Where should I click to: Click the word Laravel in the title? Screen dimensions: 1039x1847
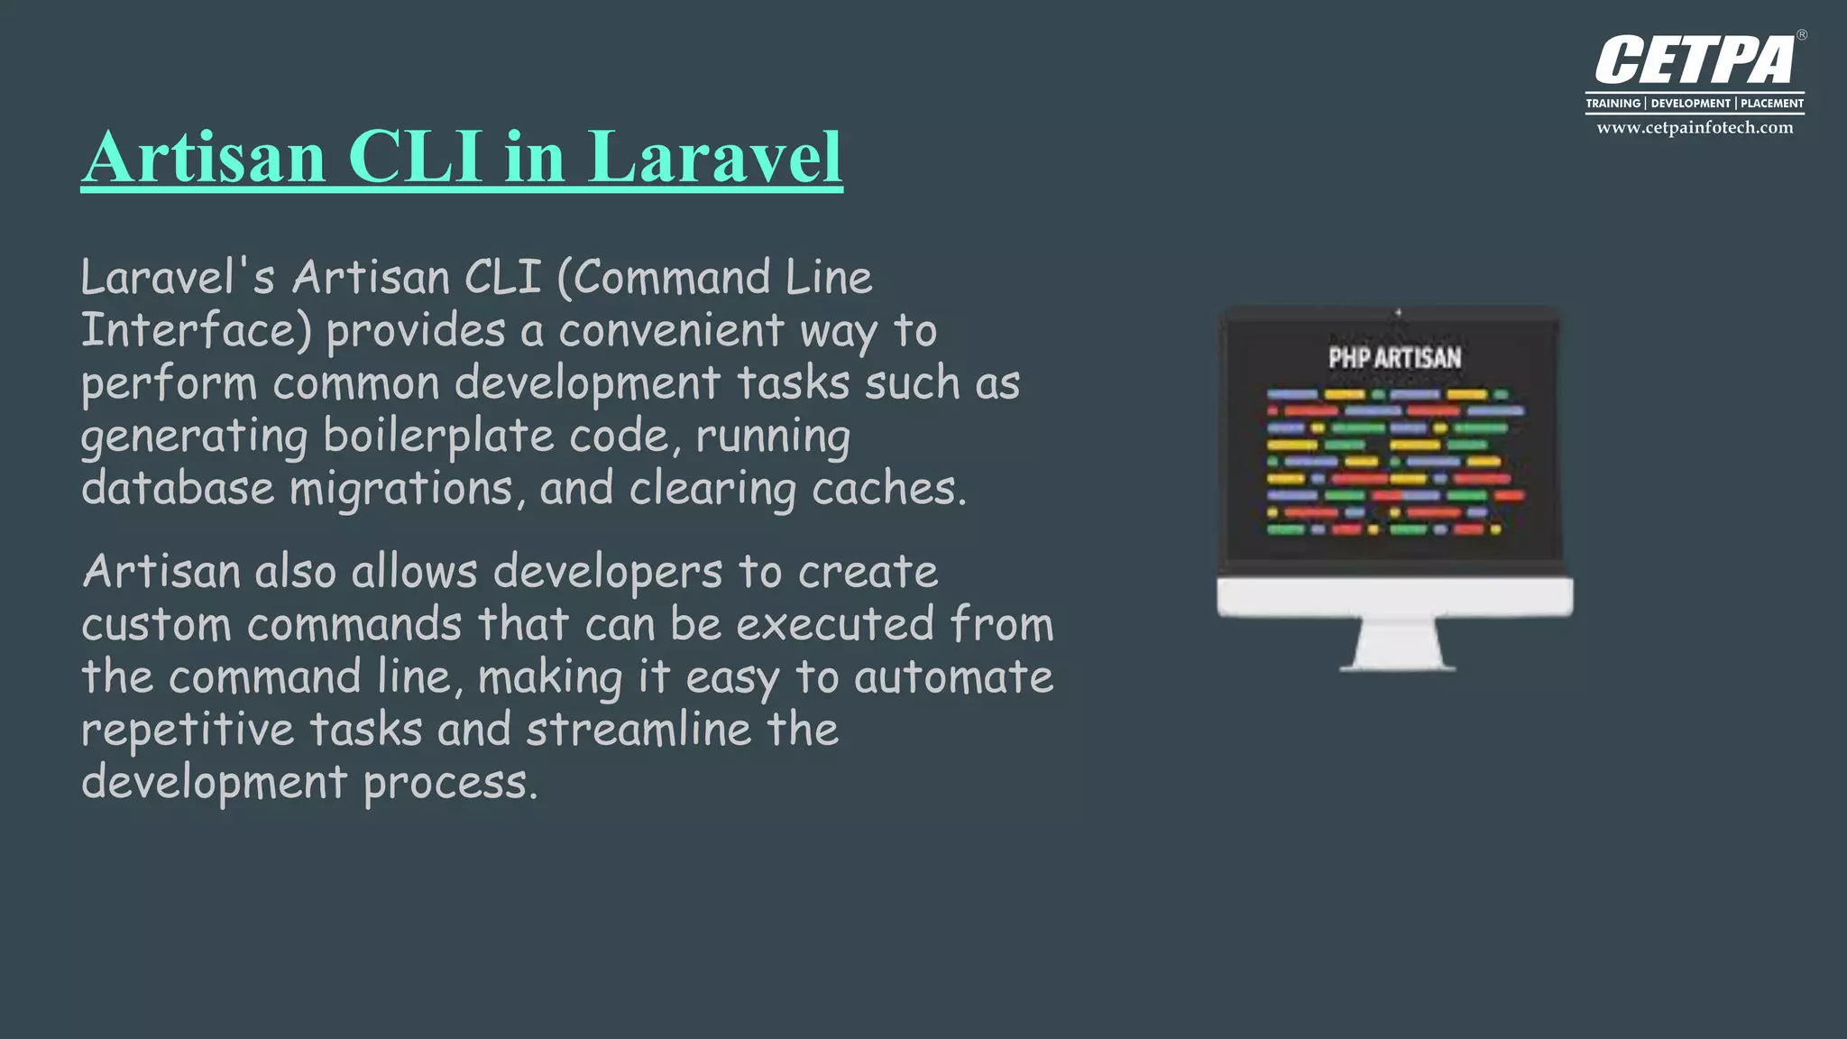[715, 157]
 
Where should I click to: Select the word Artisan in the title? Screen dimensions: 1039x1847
[204, 157]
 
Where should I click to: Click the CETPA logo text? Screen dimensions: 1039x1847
[1695, 61]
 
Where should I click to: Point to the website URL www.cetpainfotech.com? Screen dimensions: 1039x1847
[1695, 128]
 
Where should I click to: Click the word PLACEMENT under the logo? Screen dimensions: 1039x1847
[1772, 104]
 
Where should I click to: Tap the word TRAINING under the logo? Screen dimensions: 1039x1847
[1613, 104]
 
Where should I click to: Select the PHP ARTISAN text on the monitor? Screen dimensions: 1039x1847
[1394, 358]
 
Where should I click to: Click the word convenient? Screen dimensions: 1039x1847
[671, 330]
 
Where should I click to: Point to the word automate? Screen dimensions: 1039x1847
[953, 677]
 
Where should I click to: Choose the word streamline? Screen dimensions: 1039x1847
[639, 730]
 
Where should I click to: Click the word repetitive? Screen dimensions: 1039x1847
[188, 730]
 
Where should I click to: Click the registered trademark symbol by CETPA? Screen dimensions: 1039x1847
[1802, 36]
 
